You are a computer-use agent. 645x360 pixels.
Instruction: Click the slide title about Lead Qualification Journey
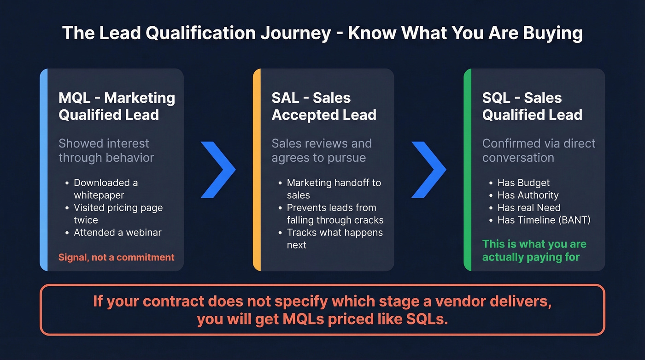point(322,34)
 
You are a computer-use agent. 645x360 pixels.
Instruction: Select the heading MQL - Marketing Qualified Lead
point(117,106)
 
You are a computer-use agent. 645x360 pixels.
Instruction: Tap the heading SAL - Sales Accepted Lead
point(324,106)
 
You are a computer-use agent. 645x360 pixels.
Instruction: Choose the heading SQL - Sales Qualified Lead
point(532,106)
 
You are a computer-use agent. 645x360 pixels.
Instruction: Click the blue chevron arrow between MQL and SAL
point(218,170)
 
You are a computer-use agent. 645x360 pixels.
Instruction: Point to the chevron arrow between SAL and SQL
point(428,170)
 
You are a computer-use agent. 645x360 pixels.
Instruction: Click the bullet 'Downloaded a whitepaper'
point(106,189)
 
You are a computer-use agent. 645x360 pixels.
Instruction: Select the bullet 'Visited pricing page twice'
point(118,214)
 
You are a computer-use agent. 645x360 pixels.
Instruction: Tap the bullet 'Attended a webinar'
point(117,233)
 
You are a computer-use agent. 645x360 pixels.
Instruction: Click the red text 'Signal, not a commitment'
point(116,257)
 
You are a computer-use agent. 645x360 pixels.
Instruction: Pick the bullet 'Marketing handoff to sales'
point(334,189)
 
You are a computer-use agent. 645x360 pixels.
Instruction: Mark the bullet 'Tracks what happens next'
point(334,239)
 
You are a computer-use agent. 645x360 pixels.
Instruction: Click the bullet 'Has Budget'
point(523,183)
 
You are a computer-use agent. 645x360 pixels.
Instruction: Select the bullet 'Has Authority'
point(528,195)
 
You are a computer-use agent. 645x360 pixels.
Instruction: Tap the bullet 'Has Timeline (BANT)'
point(544,220)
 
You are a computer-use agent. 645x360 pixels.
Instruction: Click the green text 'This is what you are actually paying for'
point(534,250)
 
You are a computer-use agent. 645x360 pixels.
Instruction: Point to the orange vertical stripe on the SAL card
point(257,170)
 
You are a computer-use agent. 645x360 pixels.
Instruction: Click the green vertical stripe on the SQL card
point(467,170)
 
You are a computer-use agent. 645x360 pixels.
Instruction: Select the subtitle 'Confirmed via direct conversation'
point(539,150)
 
